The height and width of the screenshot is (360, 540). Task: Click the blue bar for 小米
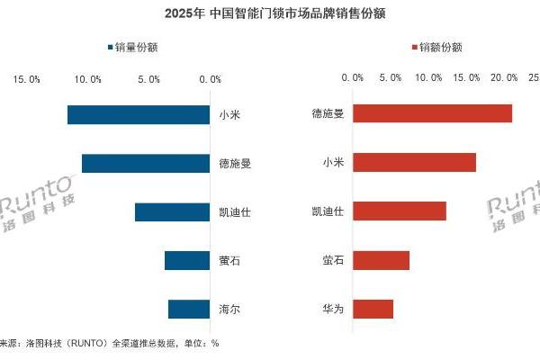click(x=138, y=114)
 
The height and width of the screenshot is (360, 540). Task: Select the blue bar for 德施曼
click(x=145, y=163)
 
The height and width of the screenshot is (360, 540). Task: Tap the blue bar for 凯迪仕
click(x=172, y=212)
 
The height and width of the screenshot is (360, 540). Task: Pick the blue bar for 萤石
click(x=186, y=261)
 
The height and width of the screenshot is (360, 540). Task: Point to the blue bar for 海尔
click(x=188, y=310)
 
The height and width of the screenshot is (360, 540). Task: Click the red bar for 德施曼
click(x=432, y=113)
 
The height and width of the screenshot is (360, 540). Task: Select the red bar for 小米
click(x=414, y=162)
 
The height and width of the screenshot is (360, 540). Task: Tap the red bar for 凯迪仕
click(x=399, y=211)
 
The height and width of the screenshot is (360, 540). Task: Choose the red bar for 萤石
click(x=381, y=260)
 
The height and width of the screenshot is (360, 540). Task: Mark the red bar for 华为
click(x=373, y=309)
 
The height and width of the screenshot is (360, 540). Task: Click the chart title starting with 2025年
click(x=270, y=14)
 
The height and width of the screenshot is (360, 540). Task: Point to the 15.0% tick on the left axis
click(x=27, y=79)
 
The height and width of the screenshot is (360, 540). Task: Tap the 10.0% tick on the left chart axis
click(x=88, y=79)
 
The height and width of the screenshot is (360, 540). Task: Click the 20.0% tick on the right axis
click(x=505, y=78)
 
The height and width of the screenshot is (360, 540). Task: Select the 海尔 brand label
click(x=229, y=310)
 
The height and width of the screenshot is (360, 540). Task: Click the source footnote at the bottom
click(x=108, y=343)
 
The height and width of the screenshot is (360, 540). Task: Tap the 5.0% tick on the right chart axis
click(x=391, y=78)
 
